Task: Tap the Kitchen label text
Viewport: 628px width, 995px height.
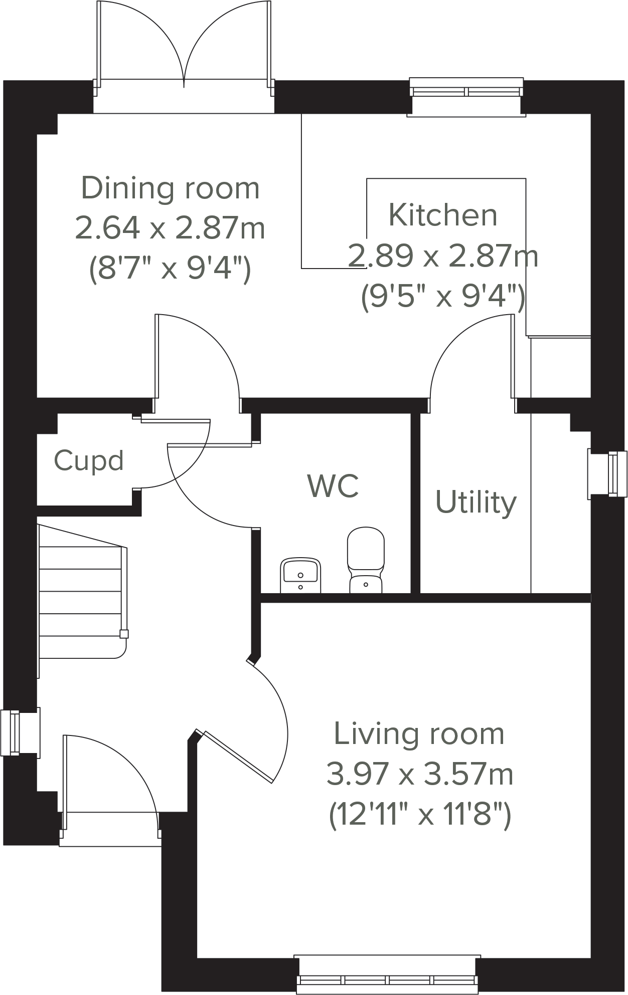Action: click(443, 215)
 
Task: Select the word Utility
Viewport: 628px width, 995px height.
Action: click(476, 502)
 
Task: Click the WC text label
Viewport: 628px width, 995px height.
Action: click(333, 485)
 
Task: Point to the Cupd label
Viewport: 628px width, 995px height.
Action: click(89, 460)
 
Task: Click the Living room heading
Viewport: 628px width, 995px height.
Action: click(419, 734)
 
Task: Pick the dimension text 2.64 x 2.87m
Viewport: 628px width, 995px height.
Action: click(170, 228)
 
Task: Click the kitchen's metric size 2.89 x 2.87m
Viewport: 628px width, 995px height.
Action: click(443, 256)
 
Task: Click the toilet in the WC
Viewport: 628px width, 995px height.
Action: click(366, 559)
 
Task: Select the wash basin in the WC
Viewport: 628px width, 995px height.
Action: click(300, 575)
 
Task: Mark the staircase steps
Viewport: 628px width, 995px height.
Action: click(80, 591)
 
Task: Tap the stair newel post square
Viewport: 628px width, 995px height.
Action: click(124, 634)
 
